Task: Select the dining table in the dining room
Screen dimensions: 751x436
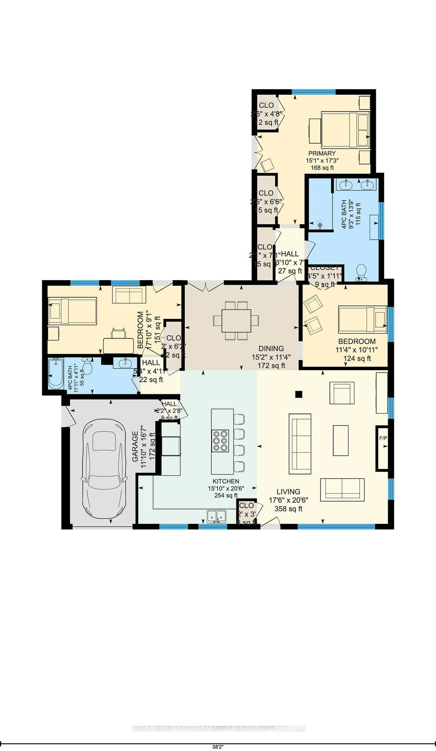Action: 236,320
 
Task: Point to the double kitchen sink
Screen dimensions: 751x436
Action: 217,516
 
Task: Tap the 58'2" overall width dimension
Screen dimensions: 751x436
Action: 218,747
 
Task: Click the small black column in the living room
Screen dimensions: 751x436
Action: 299,394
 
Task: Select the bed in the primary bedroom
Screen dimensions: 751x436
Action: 345,130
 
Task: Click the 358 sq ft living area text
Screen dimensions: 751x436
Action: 288,509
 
